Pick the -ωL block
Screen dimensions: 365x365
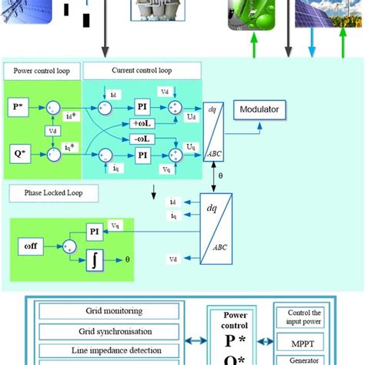142,139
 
